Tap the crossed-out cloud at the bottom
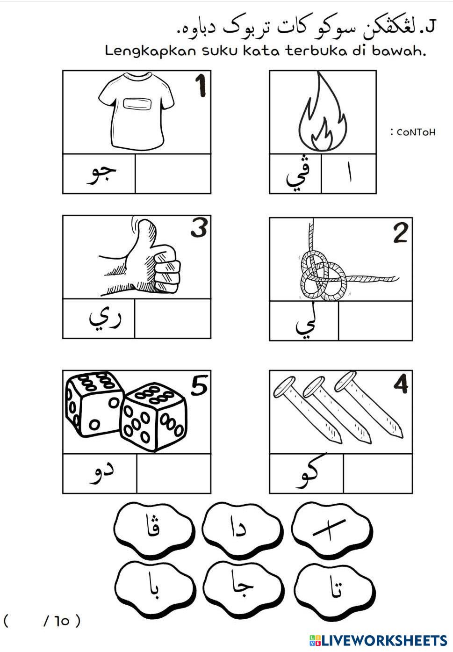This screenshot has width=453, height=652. (331, 530)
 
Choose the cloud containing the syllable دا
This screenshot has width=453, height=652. (242, 530)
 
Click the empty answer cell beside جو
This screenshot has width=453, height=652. (173, 174)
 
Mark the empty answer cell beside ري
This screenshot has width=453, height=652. (173, 319)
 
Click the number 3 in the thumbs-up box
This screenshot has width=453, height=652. (199, 228)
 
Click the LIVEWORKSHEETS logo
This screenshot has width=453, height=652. (378, 641)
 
